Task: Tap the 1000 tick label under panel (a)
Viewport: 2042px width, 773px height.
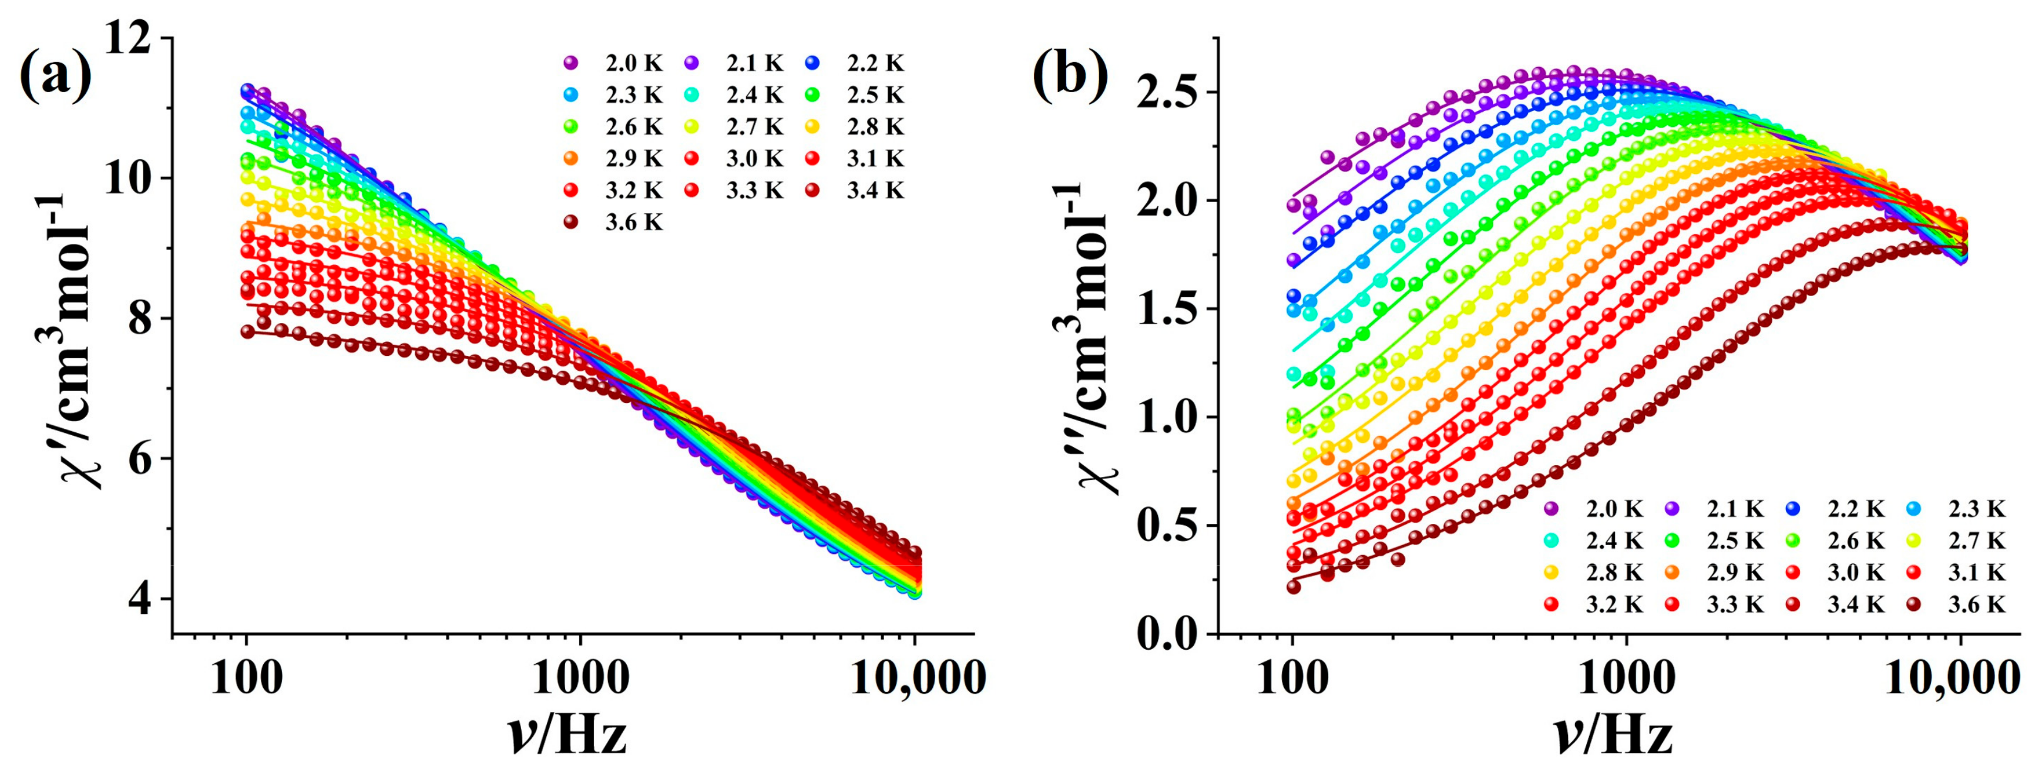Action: [x=580, y=678]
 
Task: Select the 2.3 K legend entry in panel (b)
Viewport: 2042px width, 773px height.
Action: [x=1958, y=508]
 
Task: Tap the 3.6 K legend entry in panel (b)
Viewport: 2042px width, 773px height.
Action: [x=1958, y=605]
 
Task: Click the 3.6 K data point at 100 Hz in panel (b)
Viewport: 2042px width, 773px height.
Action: [x=1294, y=587]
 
